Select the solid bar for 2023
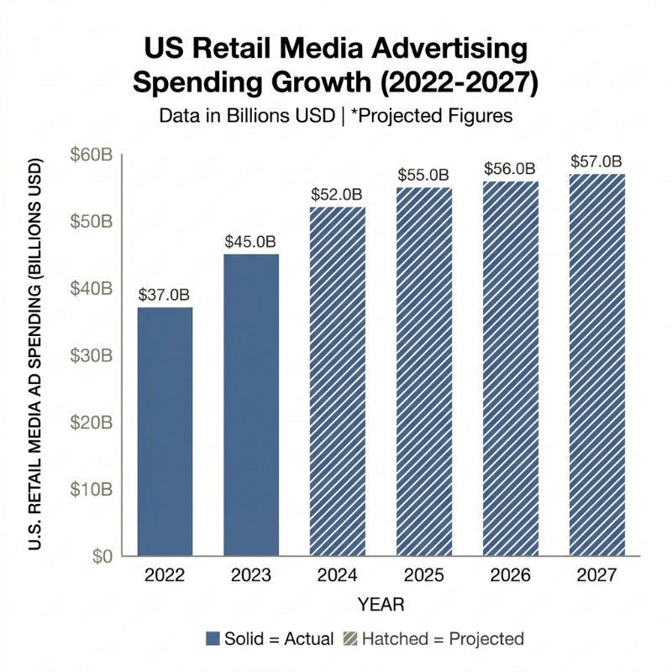point(250,404)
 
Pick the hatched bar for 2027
point(596,365)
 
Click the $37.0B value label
point(164,295)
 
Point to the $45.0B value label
point(250,241)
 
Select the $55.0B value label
point(423,175)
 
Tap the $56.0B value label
point(510,168)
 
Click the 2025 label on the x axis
point(423,576)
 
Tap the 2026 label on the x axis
point(510,576)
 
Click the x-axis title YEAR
point(381,604)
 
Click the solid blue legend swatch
point(213,638)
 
